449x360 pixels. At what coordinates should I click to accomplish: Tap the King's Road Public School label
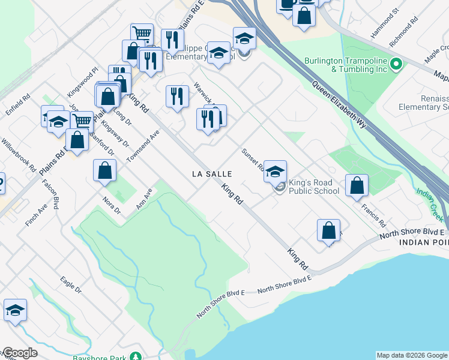(x=314, y=187)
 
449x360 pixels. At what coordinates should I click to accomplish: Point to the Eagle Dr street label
(x=70, y=284)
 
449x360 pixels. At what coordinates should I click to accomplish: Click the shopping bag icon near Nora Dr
(x=105, y=170)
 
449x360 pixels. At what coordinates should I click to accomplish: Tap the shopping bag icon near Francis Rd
(x=357, y=185)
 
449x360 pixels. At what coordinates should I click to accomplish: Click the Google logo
(x=19, y=353)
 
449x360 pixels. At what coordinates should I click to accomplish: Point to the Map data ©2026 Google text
(x=412, y=355)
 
